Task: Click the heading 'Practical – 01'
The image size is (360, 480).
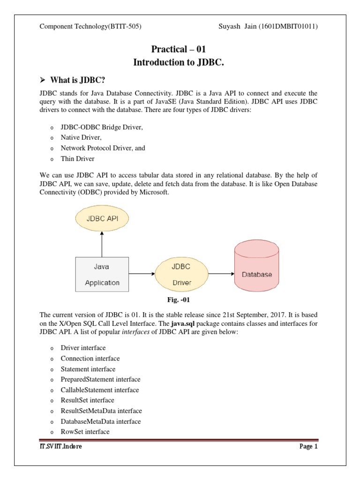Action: coord(178,49)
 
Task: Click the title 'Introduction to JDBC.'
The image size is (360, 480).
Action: coord(178,62)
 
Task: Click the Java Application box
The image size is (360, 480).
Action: coord(102,274)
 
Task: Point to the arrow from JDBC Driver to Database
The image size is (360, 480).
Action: coord(221,274)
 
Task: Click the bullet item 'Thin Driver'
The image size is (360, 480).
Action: coord(77,159)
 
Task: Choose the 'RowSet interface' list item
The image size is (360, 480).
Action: coord(85,432)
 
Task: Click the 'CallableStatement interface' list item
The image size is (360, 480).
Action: coord(99,390)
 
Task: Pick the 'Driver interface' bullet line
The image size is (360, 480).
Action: coord(83,348)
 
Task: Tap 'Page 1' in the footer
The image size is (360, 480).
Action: coord(308,446)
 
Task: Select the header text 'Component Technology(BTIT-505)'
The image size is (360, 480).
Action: coord(90,26)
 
